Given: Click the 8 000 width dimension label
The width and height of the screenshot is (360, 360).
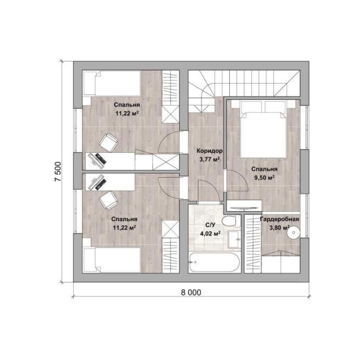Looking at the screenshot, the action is coord(191,292).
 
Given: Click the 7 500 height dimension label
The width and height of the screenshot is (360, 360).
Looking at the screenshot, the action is coord(58,172).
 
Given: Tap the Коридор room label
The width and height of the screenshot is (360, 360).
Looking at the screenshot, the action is coord(209,151).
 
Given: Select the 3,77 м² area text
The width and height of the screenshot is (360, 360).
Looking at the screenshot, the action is coord(210,159).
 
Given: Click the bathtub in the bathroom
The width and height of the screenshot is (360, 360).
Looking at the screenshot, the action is coord(214,262).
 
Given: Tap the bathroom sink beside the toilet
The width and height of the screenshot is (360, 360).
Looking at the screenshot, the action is coord(234,239).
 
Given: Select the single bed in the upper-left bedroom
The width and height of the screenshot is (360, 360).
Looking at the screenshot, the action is coord(112,83).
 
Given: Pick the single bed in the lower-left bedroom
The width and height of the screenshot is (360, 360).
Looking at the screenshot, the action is coord(112,260).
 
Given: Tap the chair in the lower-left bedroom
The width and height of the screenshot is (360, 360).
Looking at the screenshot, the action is coord(109,200).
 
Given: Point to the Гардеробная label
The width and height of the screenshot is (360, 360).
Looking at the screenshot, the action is coord(280,219).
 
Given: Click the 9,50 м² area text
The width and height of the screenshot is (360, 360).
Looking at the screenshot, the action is coord(264,178).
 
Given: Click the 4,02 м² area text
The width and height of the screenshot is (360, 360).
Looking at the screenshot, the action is coord(210,234).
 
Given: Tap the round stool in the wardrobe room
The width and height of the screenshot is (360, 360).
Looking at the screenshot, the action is coord(294,232).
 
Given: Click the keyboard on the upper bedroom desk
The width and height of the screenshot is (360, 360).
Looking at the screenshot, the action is coord(101,158).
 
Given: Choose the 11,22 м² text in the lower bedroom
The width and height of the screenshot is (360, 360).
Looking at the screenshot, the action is coord(124,228).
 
